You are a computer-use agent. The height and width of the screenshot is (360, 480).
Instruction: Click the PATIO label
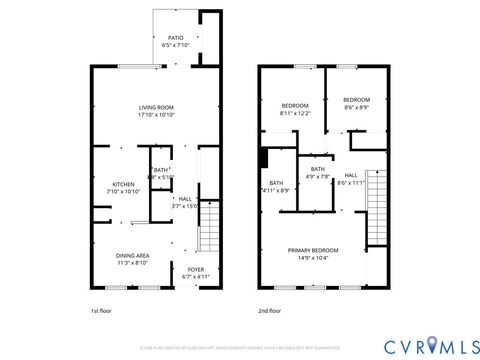click(176, 37)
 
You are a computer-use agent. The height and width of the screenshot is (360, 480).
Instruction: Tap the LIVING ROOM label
click(156, 107)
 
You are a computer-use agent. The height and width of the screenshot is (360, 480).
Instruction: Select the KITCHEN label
click(124, 184)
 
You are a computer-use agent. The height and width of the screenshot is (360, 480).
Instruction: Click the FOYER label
click(196, 270)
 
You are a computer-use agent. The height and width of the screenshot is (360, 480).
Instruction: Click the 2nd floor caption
click(270, 311)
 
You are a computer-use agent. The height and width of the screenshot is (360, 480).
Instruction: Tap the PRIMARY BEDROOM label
click(313, 250)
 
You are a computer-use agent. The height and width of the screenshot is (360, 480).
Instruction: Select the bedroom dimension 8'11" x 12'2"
click(295, 112)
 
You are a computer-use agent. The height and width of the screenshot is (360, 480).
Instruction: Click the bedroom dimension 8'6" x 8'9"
click(357, 107)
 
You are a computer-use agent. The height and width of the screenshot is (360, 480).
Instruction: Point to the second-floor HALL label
click(351, 176)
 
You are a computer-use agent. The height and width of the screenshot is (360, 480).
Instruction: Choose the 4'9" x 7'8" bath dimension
click(317, 177)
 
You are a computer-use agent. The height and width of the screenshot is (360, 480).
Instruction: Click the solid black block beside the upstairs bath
click(264, 158)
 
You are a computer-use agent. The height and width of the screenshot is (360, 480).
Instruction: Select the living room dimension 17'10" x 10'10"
click(156, 115)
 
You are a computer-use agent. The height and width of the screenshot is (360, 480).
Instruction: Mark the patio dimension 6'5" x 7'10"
click(176, 45)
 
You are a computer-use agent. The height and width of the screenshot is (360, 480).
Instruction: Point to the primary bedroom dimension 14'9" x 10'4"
click(313, 258)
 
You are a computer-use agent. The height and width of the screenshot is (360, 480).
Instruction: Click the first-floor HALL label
click(185, 199)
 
